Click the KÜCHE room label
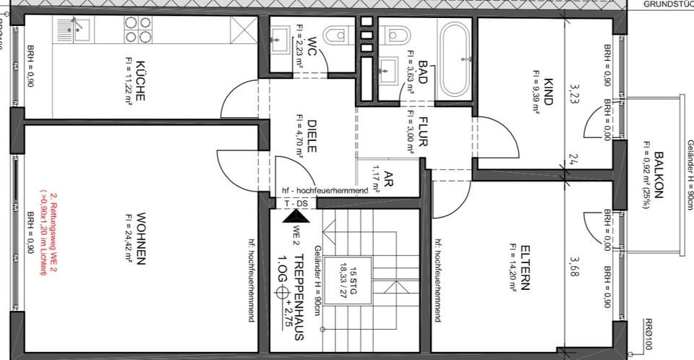click(140, 80)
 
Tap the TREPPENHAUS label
click(299, 296)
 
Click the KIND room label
click(547, 92)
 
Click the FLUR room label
click(423, 133)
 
